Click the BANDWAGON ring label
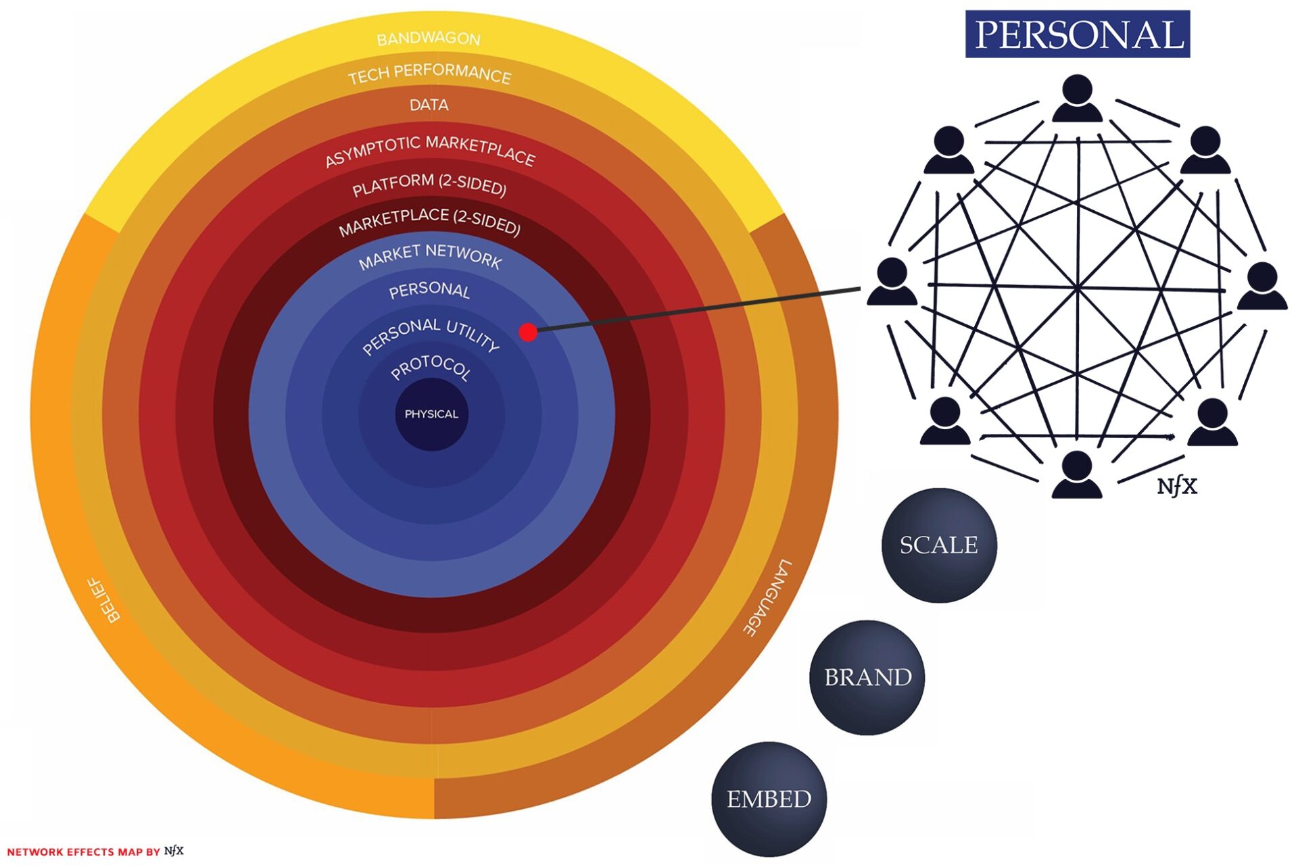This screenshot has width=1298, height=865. coord(428,39)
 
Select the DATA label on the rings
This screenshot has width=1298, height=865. coord(429,105)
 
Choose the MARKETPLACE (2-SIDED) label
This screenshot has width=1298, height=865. coord(430,221)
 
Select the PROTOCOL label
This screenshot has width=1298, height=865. coord(431,367)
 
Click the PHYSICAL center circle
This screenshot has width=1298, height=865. coord(431,414)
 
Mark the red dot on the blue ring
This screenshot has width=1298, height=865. coord(528,332)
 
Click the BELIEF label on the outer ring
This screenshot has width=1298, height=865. coord(105,599)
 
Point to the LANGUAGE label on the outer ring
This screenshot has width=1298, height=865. coord(767,597)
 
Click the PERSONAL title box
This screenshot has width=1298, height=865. coord(1077,34)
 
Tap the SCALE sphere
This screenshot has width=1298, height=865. coord(939,545)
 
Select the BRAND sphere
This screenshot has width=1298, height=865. coord(867,677)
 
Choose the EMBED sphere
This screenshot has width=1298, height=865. coord(769,799)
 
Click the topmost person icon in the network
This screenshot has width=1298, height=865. coord(1077,99)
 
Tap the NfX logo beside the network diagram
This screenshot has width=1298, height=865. coord(1176,486)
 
